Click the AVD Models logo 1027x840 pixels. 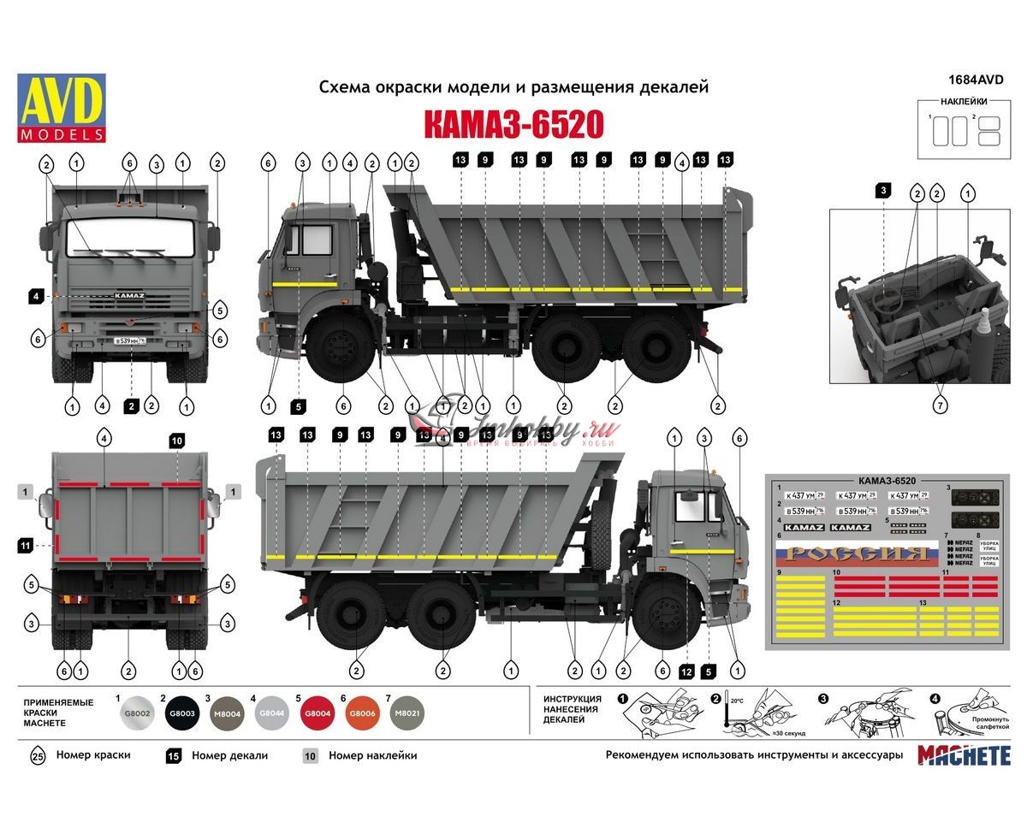pyautogui.click(x=61, y=108)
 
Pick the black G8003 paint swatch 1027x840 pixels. pyautogui.click(x=181, y=713)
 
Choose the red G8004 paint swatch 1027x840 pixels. pyautogui.click(x=317, y=713)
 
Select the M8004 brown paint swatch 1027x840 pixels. pyautogui.click(x=227, y=713)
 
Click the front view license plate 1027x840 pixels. pyautogui.click(x=130, y=340)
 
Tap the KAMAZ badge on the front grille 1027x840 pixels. pyautogui.click(x=130, y=295)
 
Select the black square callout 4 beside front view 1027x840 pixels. pyautogui.click(x=35, y=296)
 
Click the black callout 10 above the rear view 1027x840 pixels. pyautogui.click(x=176, y=441)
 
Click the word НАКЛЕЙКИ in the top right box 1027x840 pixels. pyautogui.click(x=964, y=101)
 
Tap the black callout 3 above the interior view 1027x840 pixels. pyautogui.click(x=882, y=189)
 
